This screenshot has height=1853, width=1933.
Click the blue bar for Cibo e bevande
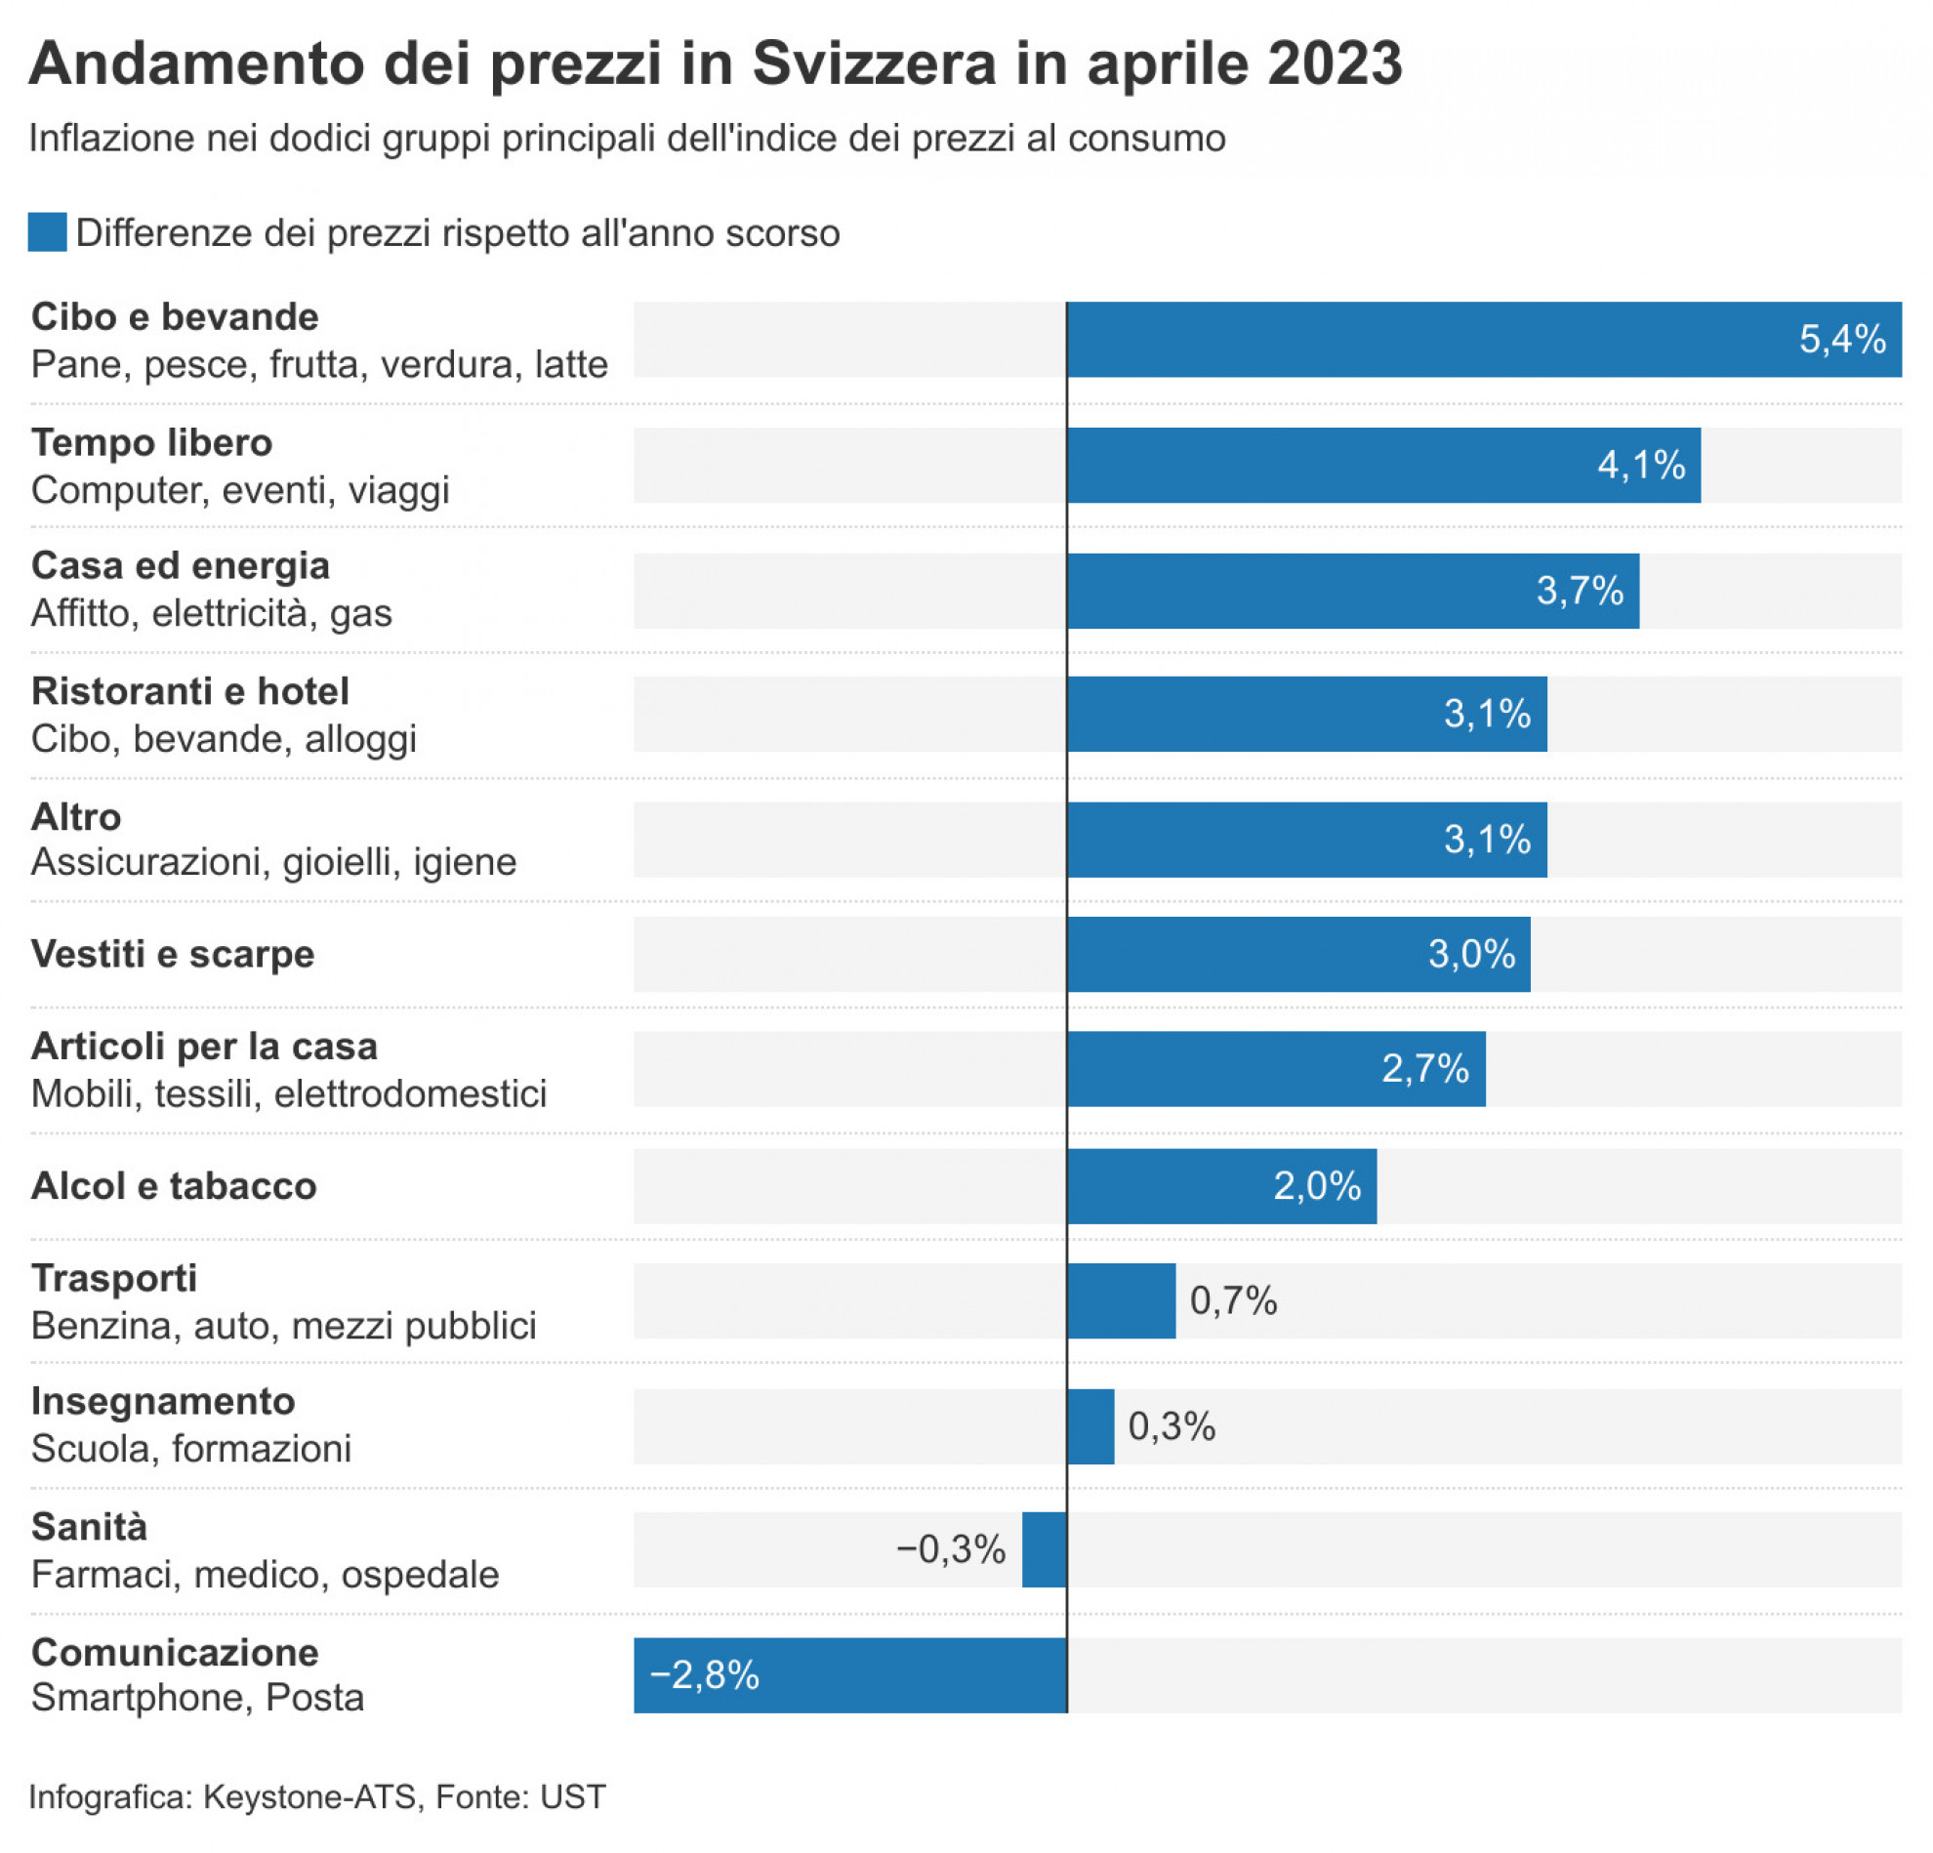(1479, 339)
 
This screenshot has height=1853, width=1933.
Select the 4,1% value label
(1641, 465)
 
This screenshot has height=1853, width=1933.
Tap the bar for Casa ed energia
(1351, 591)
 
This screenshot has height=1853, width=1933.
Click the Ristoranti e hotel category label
(190, 691)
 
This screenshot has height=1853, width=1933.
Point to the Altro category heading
(76, 816)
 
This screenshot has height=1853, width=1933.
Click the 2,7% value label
(1425, 1068)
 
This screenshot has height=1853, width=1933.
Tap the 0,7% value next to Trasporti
(1233, 1300)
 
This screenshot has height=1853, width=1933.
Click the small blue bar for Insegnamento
(1090, 1426)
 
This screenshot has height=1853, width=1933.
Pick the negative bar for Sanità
(1045, 1549)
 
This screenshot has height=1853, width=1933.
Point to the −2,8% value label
(704, 1674)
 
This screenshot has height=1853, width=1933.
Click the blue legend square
(46, 232)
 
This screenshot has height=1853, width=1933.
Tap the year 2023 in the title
(1335, 64)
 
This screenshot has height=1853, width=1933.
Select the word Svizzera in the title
(874, 64)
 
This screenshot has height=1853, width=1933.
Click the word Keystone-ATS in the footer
(308, 1796)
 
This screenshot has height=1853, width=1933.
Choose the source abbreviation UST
(573, 1796)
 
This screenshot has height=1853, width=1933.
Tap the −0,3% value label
(951, 1549)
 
